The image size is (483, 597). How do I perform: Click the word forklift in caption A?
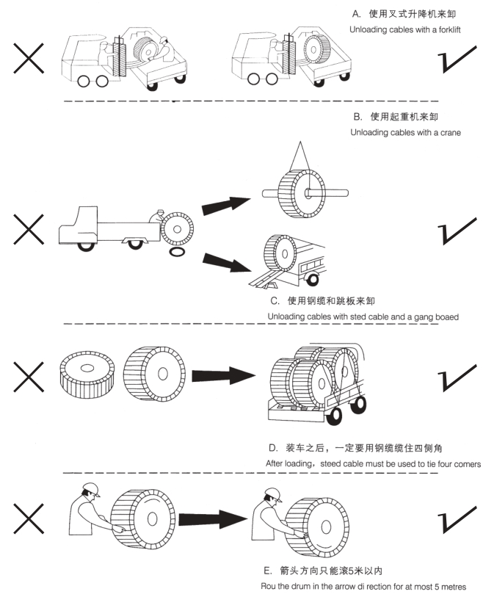pyautogui.click(x=448, y=29)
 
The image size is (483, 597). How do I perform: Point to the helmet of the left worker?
pyautogui.click(x=89, y=490)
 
